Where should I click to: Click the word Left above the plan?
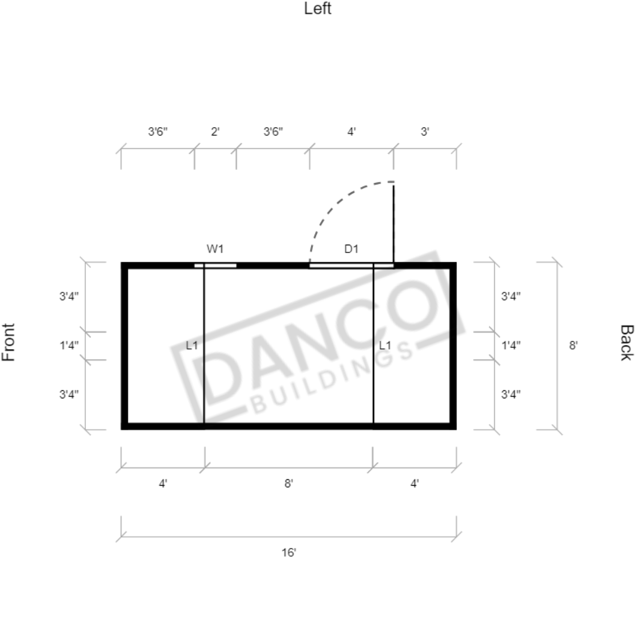coord(318,8)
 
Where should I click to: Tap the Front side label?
coord(8,342)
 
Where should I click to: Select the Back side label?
coord(626,342)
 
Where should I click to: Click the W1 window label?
coord(215,249)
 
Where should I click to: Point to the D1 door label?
coord(351,249)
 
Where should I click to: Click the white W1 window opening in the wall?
coord(216,266)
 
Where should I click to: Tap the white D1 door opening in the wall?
coord(352,266)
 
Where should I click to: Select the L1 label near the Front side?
coord(192,345)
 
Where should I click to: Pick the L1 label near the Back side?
coord(385,345)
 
